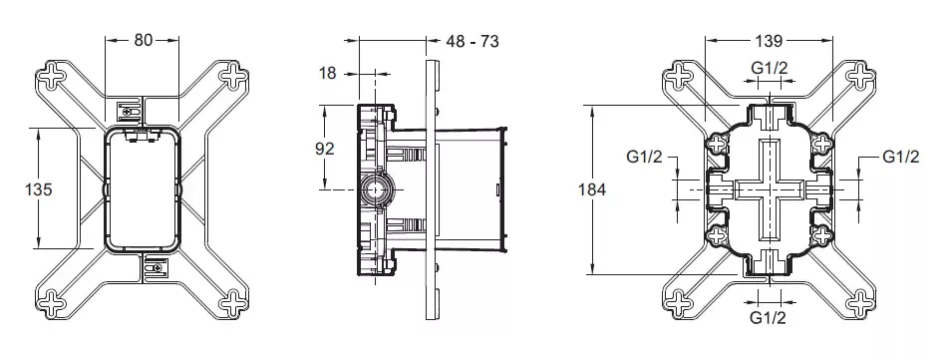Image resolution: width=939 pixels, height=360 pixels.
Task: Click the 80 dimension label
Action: [x=144, y=40]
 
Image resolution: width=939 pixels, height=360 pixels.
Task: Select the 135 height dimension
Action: [x=38, y=189]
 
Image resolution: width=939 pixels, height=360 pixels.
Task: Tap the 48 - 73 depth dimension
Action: [x=472, y=41]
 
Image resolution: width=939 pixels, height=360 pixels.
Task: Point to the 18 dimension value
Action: [x=328, y=74]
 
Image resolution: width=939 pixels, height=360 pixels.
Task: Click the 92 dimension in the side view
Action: [x=325, y=148]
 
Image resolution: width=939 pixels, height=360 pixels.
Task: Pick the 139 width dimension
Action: [x=769, y=41]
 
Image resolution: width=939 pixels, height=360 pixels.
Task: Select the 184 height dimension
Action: [x=592, y=189]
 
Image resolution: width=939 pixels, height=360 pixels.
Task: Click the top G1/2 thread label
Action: [x=770, y=68]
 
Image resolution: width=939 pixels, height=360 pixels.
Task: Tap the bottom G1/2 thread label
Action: [x=768, y=317]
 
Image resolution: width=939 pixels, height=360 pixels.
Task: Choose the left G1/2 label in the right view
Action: [x=645, y=157]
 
